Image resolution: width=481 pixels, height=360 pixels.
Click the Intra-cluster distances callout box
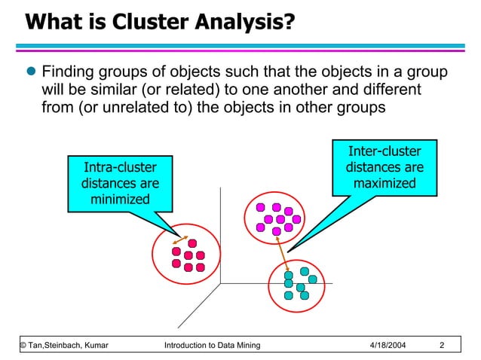120,182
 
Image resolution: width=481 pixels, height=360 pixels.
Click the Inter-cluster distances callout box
384,166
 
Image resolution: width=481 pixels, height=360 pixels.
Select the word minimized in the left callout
120,200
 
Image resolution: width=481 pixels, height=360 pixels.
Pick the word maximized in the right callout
384,183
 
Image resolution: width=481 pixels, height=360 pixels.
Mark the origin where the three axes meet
220,283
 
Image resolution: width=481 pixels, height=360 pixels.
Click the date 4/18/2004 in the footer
388,346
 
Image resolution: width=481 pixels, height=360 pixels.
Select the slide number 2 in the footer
442,346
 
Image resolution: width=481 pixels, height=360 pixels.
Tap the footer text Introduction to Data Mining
212,346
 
